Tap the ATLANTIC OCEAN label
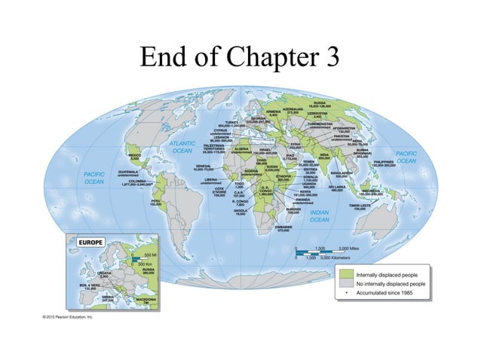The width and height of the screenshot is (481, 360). pyautogui.click(x=182, y=147)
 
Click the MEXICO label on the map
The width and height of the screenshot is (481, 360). pyautogui.click(x=135, y=155)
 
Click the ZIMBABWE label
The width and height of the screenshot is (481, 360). pyautogui.click(x=284, y=227)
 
